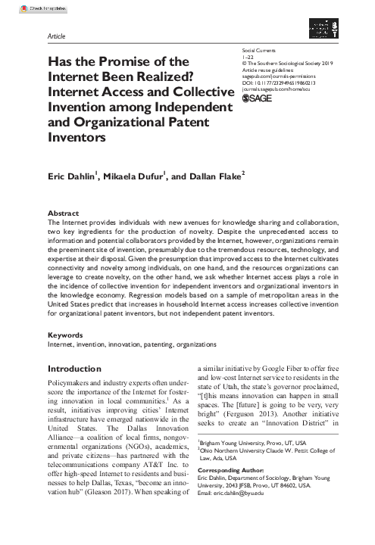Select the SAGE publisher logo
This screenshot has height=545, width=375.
tap(254, 118)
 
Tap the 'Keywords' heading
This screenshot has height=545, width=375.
tap(65, 334)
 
